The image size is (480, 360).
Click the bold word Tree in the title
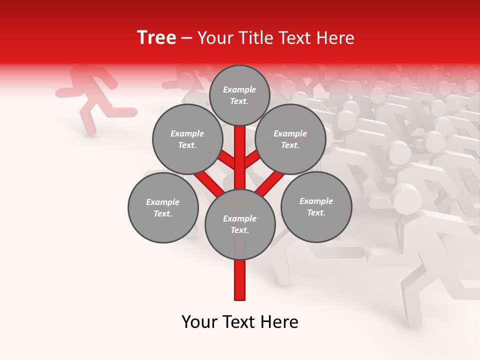coord(156,37)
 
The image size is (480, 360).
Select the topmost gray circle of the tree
coord(239,95)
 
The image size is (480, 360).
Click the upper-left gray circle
coord(187,139)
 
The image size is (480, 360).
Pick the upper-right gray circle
coord(290,139)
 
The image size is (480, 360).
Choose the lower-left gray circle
coord(163,207)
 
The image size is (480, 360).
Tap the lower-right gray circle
coord(316,206)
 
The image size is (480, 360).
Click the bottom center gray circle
coord(240,224)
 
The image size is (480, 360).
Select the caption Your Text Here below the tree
coord(240,322)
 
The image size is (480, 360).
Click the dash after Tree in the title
coord(186,38)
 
